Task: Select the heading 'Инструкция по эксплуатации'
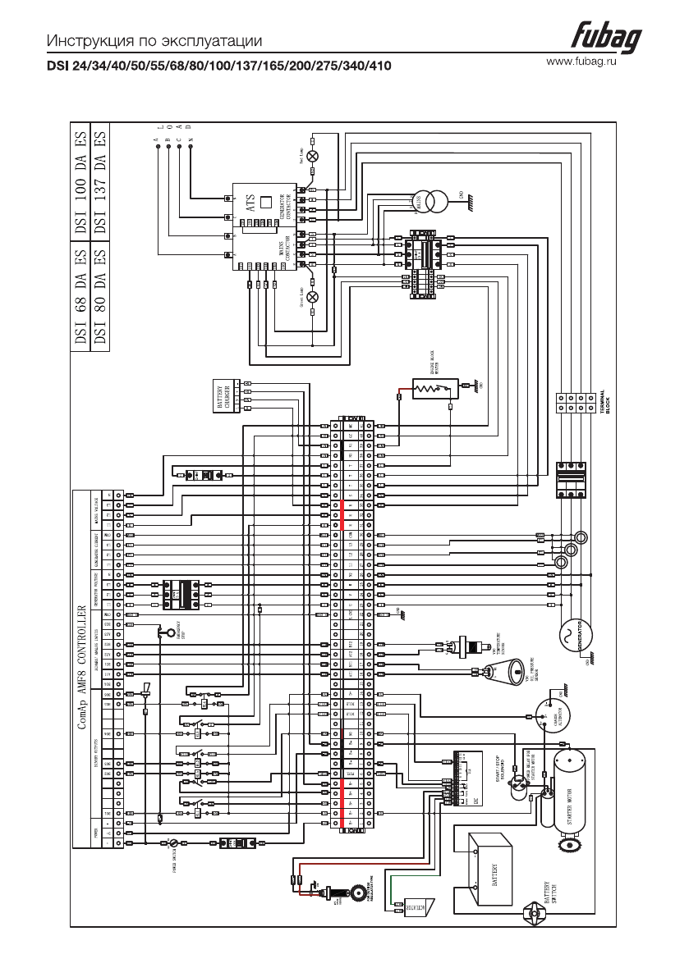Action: click(x=154, y=41)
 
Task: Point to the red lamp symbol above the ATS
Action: click(x=312, y=155)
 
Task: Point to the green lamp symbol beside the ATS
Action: click(x=312, y=297)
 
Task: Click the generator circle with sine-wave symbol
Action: click(x=570, y=635)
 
